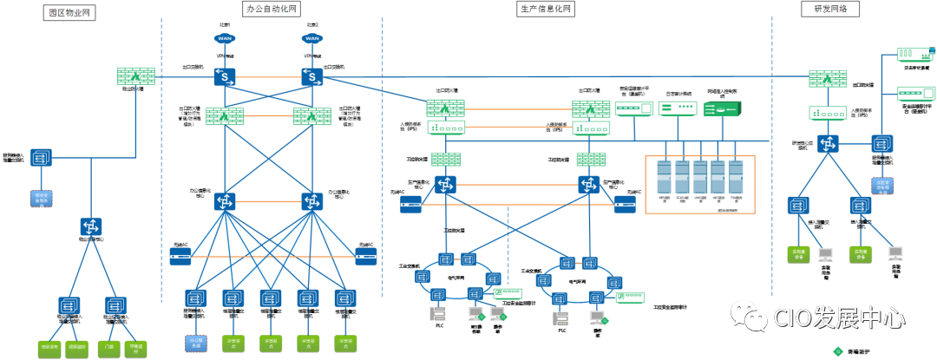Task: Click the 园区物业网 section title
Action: pyautogui.click(x=69, y=12)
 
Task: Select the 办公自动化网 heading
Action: pyautogui.click(x=271, y=9)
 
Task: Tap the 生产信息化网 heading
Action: pyautogui.click(x=546, y=9)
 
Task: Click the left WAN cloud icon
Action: pyautogui.click(x=225, y=38)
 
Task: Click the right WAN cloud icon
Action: pyautogui.click(x=311, y=38)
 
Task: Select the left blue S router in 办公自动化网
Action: pyautogui.click(x=225, y=77)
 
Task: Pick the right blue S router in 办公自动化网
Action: pyautogui.click(x=312, y=77)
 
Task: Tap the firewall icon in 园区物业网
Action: pyautogui.click(x=136, y=76)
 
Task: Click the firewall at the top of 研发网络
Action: pyautogui.click(x=828, y=79)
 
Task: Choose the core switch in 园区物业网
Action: pyautogui.click(x=91, y=226)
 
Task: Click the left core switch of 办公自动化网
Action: pyautogui.click(x=225, y=201)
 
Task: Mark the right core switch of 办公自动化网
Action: pyautogui.click(x=312, y=201)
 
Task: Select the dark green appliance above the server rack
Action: pyautogui.click(x=723, y=109)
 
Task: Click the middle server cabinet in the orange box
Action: pyautogui.click(x=700, y=177)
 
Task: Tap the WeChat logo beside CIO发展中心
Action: pyautogui.click(x=749, y=316)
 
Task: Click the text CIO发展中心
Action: pyautogui.click(x=839, y=318)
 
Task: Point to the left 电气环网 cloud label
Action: pyautogui.click(x=456, y=278)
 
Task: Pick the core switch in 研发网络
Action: pyautogui.click(x=828, y=144)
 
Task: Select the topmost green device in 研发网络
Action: pyautogui.click(x=915, y=55)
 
